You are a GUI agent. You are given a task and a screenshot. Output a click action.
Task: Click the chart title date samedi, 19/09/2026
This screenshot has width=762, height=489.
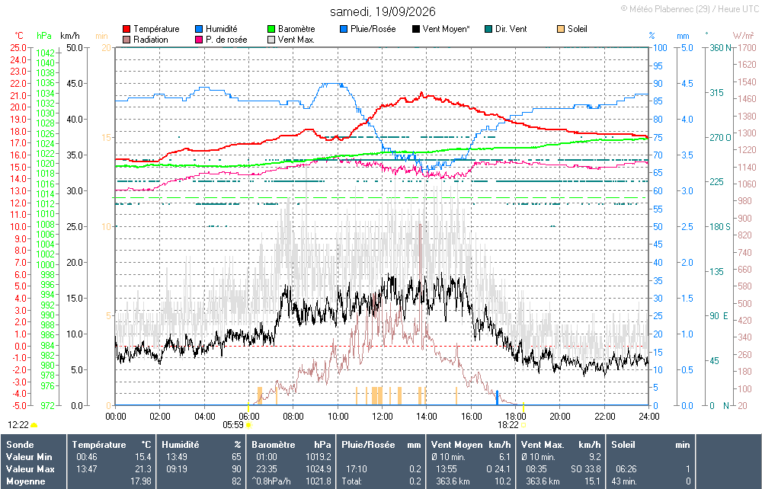(383, 11)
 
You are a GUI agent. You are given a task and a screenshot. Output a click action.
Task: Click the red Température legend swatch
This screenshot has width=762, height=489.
(126, 29)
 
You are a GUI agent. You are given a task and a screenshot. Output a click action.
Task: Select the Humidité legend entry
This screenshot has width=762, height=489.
(216, 29)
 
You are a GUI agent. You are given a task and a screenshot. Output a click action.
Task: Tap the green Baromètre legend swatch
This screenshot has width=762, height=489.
(271, 29)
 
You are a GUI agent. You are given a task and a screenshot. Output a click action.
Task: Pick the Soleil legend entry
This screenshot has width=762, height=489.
(572, 29)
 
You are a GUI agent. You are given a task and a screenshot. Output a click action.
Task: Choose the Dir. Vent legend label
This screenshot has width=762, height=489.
(511, 29)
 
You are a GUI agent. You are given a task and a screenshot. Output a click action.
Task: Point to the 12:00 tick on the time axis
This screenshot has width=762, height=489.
(383, 416)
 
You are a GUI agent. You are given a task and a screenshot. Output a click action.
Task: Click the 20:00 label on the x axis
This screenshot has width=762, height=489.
(560, 416)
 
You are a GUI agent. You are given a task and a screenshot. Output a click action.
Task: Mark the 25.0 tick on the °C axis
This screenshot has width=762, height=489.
(18, 47)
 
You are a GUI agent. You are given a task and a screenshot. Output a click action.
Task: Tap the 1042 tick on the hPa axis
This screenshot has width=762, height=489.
(45, 53)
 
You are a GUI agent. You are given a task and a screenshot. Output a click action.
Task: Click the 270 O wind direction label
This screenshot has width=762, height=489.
(720, 138)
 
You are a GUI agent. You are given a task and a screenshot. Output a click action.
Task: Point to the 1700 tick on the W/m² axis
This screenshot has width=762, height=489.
(747, 47)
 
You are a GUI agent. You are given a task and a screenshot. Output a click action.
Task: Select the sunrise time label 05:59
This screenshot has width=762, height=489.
(233, 425)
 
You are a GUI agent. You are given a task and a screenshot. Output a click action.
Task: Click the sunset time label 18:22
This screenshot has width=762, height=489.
(507, 425)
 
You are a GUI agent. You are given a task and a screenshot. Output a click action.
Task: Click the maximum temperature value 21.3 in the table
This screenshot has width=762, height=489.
(143, 469)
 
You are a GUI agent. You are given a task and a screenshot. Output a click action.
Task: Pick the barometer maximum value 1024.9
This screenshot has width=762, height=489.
(319, 469)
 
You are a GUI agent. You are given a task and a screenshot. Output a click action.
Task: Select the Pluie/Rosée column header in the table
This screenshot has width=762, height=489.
(368, 445)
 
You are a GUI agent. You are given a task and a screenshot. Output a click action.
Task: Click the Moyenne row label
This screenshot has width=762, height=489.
(26, 481)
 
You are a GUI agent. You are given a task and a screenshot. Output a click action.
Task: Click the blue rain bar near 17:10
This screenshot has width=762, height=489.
(497, 398)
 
